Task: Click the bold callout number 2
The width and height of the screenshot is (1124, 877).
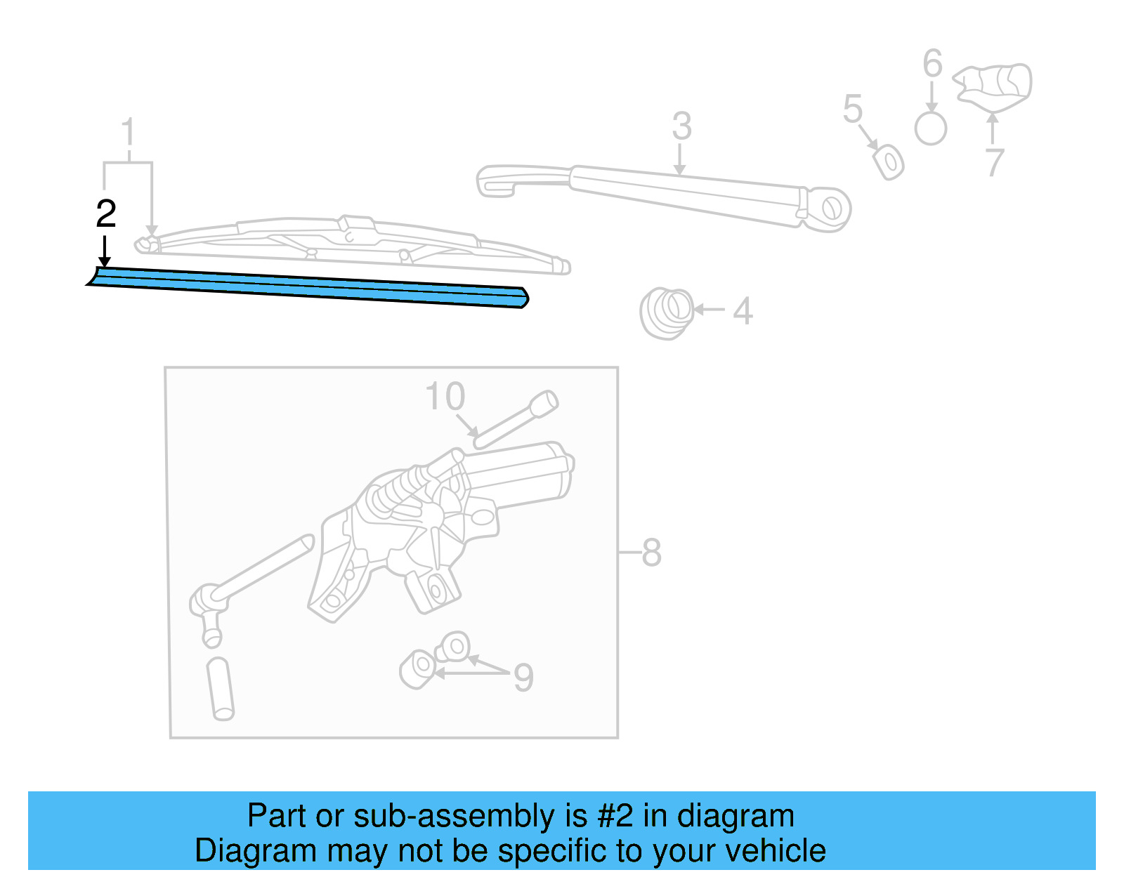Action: (x=106, y=213)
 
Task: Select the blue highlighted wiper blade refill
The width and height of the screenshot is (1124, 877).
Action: (x=309, y=287)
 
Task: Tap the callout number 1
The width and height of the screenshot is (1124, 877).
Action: (x=128, y=133)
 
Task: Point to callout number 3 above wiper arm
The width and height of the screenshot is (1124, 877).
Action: (x=681, y=126)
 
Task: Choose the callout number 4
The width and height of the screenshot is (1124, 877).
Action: (x=743, y=311)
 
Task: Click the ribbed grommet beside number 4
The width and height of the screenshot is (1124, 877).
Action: (x=666, y=312)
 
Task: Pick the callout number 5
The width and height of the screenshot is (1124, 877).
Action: (x=852, y=110)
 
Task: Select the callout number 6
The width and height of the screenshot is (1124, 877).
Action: (x=932, y=64)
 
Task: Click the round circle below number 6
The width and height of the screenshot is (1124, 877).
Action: (x=931, y=128)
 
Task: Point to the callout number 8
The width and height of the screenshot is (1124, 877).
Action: (x=651, y=553)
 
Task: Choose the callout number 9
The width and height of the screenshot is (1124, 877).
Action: (x=523, y=678)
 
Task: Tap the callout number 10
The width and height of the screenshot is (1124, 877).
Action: (x=445, y=397)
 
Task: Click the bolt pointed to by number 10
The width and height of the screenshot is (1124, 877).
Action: (x=517, y=420)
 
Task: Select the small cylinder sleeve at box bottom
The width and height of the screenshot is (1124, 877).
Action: (x=221, y=688)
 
